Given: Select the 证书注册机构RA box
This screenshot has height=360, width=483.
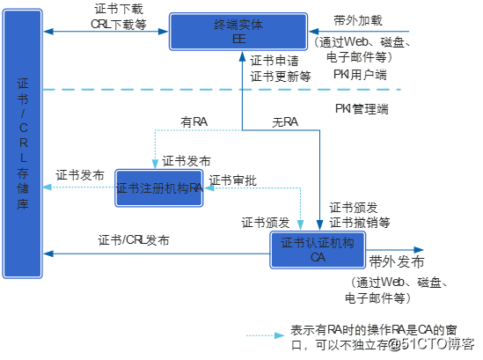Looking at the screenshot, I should (159, 187).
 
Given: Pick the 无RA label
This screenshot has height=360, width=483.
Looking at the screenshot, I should (284, 121).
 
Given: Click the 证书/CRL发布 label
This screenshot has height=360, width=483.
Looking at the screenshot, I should (134, 240).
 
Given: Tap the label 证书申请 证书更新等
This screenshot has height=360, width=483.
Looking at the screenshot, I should (281, 69).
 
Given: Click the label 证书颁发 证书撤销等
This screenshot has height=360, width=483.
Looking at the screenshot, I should (359, 214).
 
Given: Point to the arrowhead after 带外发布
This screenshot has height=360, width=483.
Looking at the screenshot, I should (419, 250).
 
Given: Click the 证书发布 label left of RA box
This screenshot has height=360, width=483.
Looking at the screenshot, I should (80, 174).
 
